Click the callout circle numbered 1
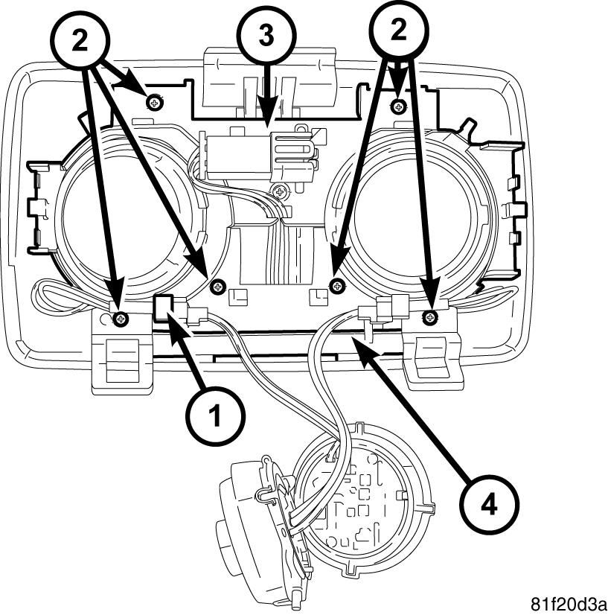tap(215, 416)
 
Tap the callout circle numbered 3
tap(267, 36)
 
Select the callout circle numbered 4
tap(488, 504)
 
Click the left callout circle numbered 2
tap(80, 41)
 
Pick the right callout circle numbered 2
tap(399, 31)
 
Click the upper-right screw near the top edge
tap(398, 106)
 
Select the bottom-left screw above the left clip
tap(121, 318)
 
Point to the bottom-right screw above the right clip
tap(430, 317)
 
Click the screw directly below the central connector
tap(280, 192)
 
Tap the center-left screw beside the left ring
tap(217, 287)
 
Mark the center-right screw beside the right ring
tap(337, 286)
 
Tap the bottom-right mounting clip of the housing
tap(433, 355)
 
